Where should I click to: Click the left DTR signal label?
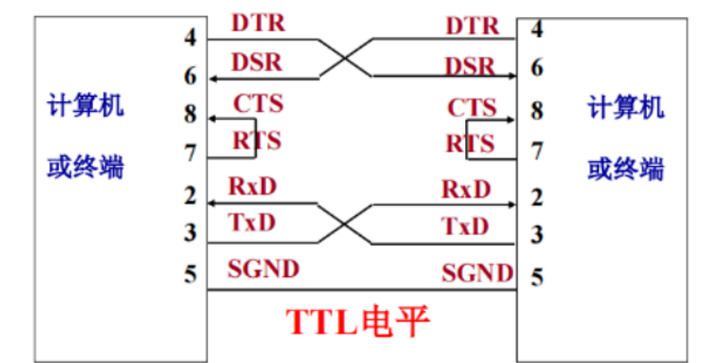259,22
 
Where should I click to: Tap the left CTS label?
258,104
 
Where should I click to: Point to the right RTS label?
470,144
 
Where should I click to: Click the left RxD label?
253,186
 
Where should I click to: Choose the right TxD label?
466,227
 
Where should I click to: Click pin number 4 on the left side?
190,38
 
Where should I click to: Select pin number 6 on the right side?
537,67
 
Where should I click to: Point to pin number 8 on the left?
190,115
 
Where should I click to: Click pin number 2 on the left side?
190,194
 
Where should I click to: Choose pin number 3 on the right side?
537,236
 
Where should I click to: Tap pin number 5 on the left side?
190,272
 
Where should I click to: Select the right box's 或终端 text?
626,168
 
